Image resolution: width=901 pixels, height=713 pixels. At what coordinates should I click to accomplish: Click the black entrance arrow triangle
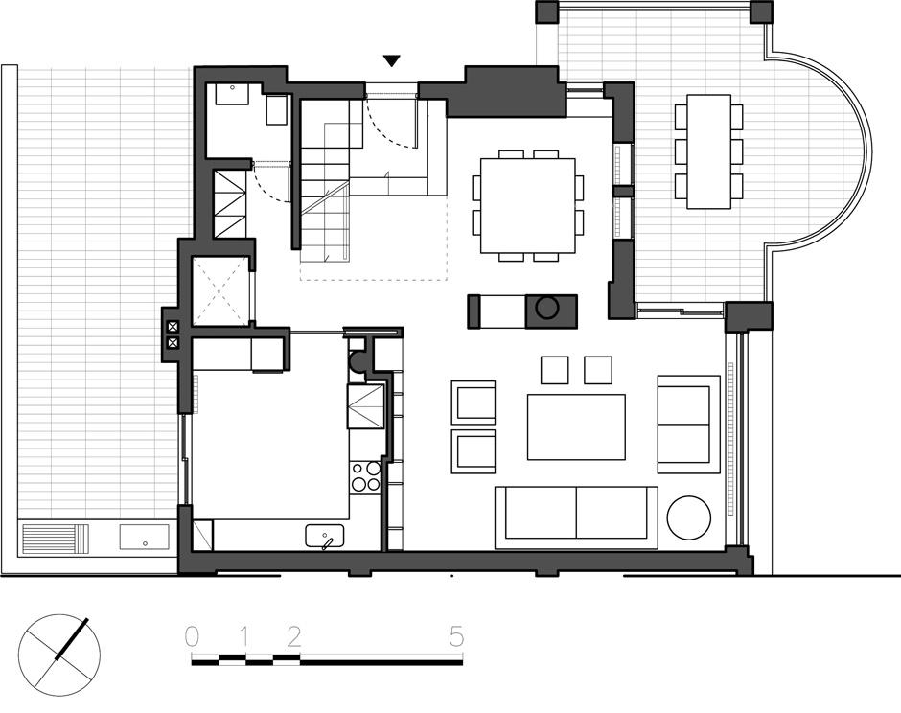[391, 60]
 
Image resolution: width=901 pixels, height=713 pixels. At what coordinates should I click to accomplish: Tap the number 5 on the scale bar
[457, 637]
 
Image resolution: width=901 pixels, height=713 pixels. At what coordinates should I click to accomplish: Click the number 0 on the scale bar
[192, 637]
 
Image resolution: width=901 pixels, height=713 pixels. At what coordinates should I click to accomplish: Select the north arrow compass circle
[59, 655]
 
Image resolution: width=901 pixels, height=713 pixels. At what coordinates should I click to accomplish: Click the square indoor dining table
[528, 205]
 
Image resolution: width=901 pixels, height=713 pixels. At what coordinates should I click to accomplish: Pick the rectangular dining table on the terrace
[709, 151]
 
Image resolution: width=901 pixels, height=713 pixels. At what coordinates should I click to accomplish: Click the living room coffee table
[576, 426]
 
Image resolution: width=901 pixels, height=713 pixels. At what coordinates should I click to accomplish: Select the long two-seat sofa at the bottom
[576, 517]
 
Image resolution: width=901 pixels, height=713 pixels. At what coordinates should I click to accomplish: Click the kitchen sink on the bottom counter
[325, 536]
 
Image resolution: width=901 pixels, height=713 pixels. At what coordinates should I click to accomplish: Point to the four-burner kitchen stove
[366, 476]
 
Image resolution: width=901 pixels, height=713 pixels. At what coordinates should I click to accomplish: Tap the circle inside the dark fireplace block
[546, 308]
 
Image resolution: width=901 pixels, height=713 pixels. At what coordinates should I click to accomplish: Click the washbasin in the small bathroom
[232, 94]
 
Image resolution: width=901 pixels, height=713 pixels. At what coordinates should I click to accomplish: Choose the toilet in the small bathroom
[276, 109]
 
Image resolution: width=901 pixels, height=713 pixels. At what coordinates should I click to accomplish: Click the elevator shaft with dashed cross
[221, 290]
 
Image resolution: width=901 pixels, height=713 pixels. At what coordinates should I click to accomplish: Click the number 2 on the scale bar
[293, 637]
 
